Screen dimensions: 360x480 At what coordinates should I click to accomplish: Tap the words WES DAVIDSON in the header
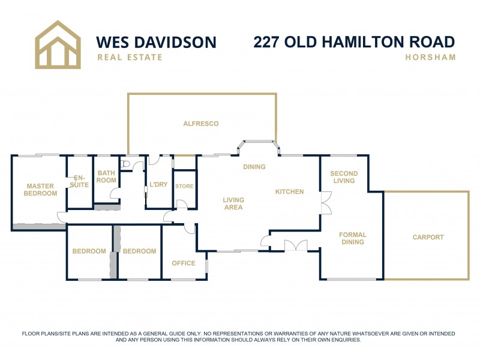click(x=156, y=42)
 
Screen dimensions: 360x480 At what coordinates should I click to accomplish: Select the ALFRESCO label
click(x=201, y=124)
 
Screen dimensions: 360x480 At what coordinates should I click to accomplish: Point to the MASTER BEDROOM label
click(x=40, y=190)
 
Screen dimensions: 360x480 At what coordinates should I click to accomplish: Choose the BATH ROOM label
click(x=106, y=176)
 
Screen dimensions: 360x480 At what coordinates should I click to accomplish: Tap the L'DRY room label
click(x=158, y=184)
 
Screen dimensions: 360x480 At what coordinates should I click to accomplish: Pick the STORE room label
click(x=184, y=186)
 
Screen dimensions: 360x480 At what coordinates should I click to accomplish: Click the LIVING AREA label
click(x=233, y=203)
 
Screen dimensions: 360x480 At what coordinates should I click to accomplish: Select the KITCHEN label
click(x=289, y=192)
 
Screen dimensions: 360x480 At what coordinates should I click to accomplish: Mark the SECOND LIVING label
click(x=344, y=178)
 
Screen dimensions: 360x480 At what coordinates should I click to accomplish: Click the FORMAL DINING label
click(x=352, y=238)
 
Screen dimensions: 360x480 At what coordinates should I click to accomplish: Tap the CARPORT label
click(x=428, y=237)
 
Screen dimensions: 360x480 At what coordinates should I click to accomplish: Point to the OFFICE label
click(x=184, y=263)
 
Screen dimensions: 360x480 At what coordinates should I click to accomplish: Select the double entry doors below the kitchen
click(x=295, y=246)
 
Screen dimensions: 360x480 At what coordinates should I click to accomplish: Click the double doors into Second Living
click(x=326, y=203)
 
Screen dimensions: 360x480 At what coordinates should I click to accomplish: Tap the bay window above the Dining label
click(x=259, y=145)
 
